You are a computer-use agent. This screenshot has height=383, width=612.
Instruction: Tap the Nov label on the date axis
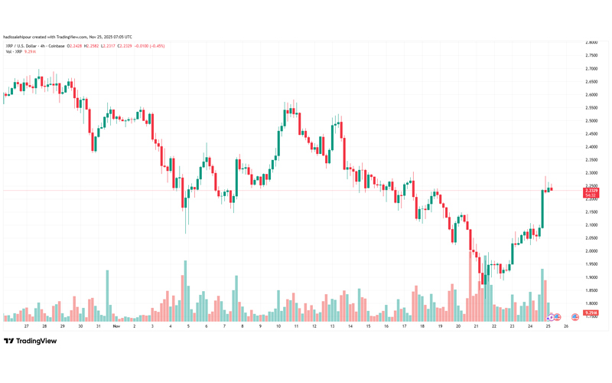[116, 326]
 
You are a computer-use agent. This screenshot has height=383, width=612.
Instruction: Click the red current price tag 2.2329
[591, 190]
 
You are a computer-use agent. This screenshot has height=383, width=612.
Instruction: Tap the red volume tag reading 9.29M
[591, 313]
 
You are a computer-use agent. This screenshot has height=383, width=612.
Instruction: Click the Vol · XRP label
[13, 51]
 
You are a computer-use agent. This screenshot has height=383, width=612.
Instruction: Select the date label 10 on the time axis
[278, 326]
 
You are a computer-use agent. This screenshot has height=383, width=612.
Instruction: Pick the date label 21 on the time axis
[476, 326]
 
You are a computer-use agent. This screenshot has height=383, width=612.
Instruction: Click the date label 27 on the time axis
[27, 326]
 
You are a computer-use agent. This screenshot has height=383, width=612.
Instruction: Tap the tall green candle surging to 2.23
[543, 209]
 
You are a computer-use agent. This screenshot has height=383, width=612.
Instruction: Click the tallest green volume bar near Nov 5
[185, 291]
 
